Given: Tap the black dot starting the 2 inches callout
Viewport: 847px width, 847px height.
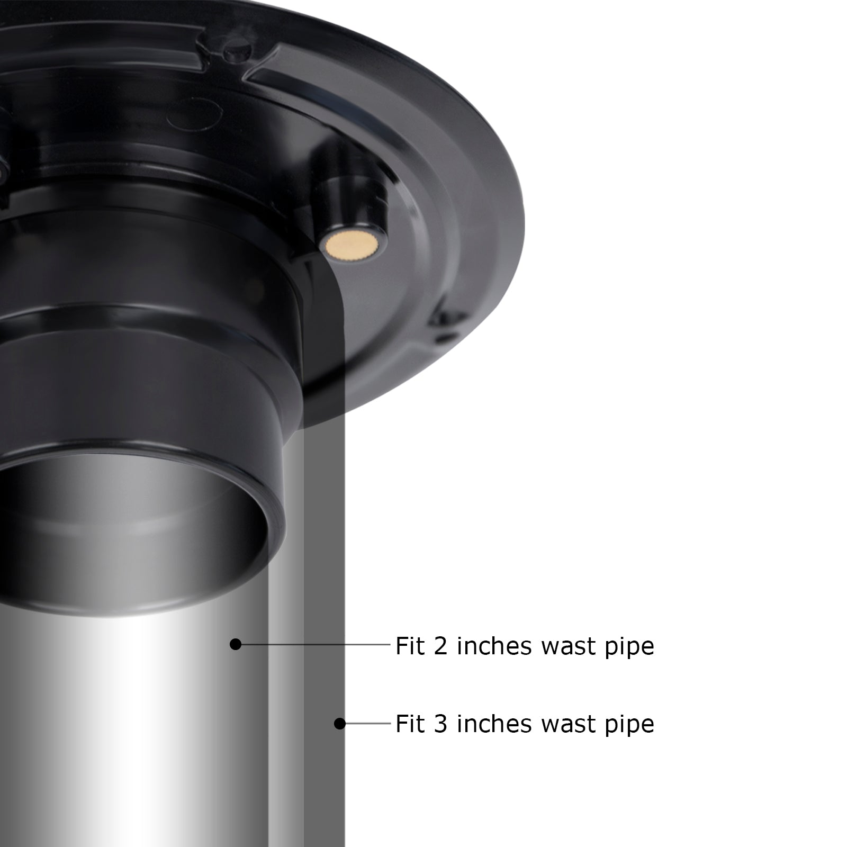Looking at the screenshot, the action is (x=236, y=644).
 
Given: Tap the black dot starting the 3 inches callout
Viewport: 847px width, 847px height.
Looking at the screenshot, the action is (x=340, y=723).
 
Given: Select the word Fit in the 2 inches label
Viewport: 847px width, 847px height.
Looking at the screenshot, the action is (x=410, y=646).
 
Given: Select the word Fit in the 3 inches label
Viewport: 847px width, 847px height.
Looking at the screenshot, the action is (x=410, y=724).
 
